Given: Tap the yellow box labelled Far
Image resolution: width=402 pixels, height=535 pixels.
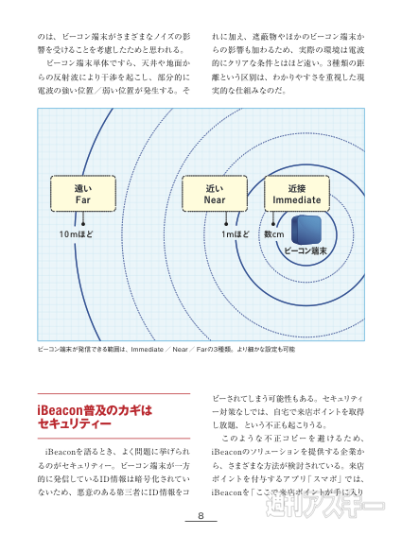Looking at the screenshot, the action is coord(82,194).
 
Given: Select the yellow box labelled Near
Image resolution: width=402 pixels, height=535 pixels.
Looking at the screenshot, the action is coord(214,194).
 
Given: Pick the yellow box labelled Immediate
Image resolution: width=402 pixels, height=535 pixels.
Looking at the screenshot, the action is coord(296,194).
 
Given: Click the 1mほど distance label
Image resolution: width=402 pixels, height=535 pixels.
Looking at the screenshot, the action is coord(236,233).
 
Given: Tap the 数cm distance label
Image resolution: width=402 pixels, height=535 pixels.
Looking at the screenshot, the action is coord(274,233).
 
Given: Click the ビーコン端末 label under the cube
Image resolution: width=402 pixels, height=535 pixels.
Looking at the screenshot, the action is coord(306,252).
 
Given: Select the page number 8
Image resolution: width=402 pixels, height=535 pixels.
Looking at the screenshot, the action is coord(201,516).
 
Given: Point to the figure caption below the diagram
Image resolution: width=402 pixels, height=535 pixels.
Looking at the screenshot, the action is coord(166,349).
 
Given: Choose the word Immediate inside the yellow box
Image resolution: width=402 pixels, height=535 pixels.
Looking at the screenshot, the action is coord(296,200).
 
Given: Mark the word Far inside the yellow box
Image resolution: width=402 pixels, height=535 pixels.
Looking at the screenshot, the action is coord(82,200).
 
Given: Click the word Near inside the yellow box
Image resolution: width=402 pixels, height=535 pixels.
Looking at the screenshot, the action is coord(214,200).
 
